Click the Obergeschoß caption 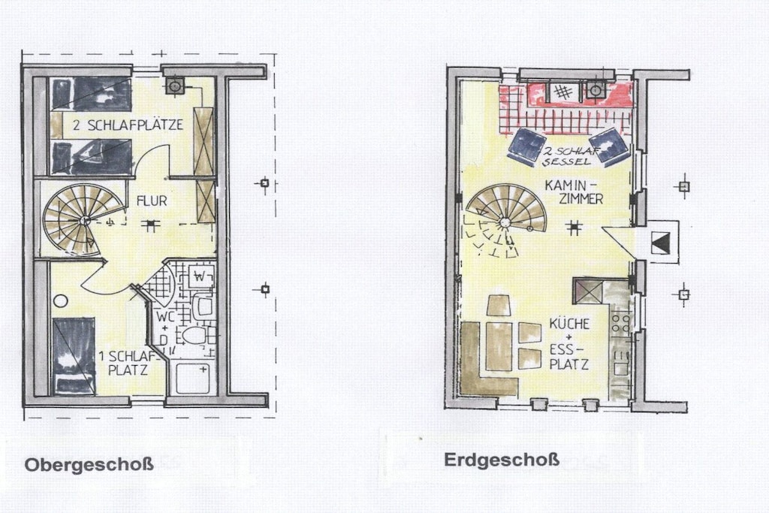click(89, 464)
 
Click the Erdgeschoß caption click(501, 460)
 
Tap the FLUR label click(152, 201)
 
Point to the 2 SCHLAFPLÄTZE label click(128, 125)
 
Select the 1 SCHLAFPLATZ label click(128, 363)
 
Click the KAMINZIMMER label click(573, 192)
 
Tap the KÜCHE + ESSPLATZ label click(569, 344)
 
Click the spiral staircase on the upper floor click(81, 219)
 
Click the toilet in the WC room click(195, 336)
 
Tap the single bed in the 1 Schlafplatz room click(74, 356)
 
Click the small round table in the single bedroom click(61, 300)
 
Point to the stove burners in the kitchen click(620, 323)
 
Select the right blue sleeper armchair click(610, 145)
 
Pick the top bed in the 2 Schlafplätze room click(92, 94)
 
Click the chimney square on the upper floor click(175, 86)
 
